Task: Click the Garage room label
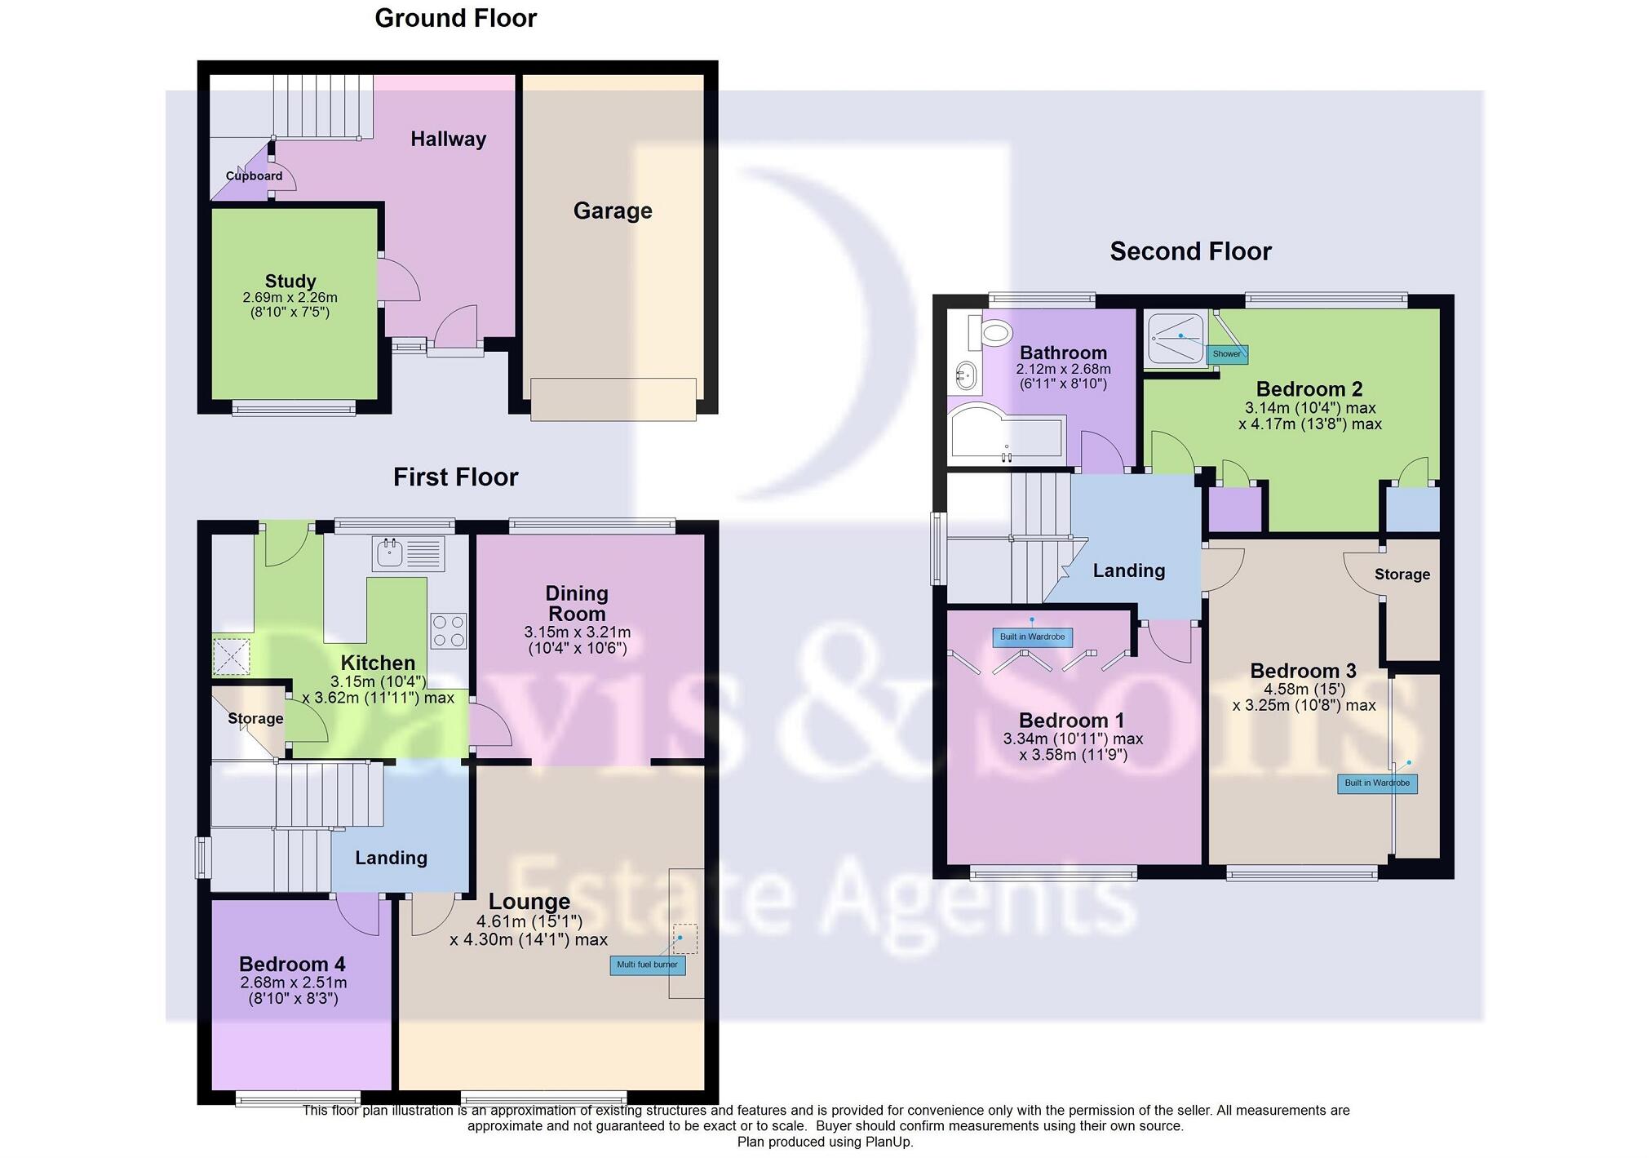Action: pyautogui.click(x=612, y=211)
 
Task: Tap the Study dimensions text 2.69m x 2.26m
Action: pyautogui.click(x=290, y=298)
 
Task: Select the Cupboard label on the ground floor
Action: pyautogui.click(x=254, y=175)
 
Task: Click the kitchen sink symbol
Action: pyautogui.click(x=410, y=553)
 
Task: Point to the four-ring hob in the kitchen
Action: pyautogui.click(x=448, y=631)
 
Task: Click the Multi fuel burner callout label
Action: pyautogui.click(x=647, y=965)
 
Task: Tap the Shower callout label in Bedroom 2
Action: pyautogui.click(x=1226, y=354)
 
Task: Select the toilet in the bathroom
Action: pyautogui.click(x=994, y=332)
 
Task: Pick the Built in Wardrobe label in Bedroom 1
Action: pyautogui.click(x=1032, y=637)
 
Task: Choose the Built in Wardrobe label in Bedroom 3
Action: pyautogui.click(x=1376, y=783)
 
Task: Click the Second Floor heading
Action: pyautogui.click(x=1190, y=251)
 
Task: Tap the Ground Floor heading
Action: pyautogui.click(x=455, y=18)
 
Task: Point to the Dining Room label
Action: pyautogui.click(x=577, y=603)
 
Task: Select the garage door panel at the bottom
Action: pyautogui.click(x=613, y=399)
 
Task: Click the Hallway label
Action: pyautogui.click(x=448, y=139)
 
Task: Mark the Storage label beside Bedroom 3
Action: pyautogui.click(x=1402, y=574)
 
